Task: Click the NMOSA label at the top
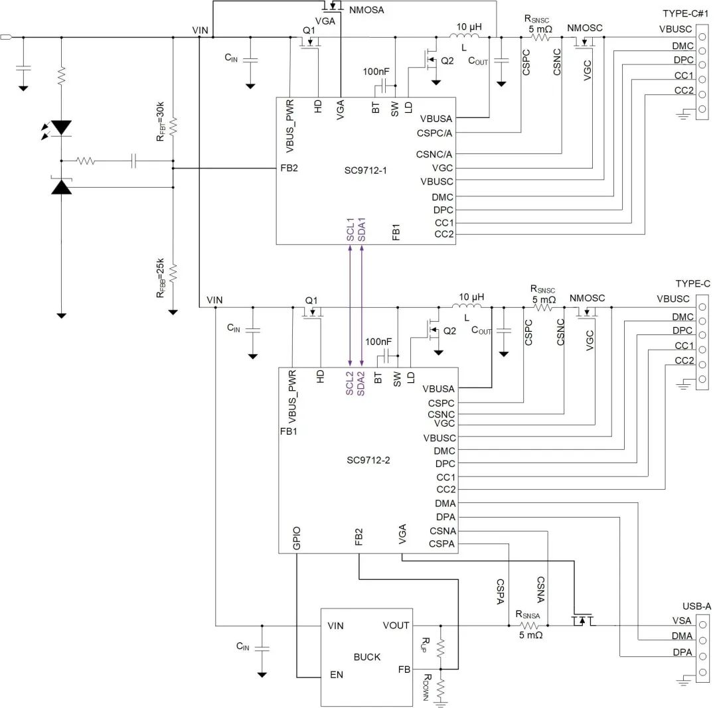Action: (366, 10)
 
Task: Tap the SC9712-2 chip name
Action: (368, 460)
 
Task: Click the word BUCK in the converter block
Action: (367, 657)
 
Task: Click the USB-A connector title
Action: (696, 606)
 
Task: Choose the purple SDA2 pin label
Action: (361, 384)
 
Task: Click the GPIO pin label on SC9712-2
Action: (297, 540)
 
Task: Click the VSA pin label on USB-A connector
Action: (681, 621)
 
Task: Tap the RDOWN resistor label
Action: (428, 687)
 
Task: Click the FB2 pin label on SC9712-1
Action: (289, 168)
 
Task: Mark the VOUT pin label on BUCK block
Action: (396, 626)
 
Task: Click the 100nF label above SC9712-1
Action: (376, 72)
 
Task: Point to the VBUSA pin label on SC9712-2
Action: (438, 389)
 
